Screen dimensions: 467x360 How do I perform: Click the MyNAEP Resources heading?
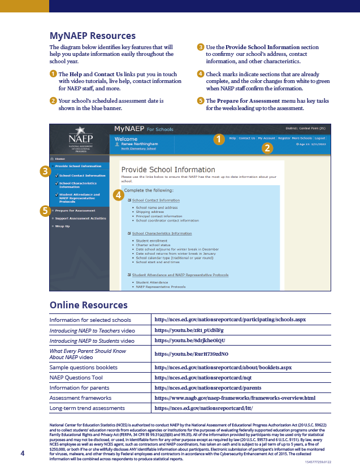click(93, 36)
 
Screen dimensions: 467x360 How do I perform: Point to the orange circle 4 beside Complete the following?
click(118, 195)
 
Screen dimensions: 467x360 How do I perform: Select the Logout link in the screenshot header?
click(320, 138)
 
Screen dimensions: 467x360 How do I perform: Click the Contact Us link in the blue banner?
click(246, 138)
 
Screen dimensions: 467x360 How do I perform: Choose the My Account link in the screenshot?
click(266, 138)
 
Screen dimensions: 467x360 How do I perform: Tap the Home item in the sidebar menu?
click(60, 159)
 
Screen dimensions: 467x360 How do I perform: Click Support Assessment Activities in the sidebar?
click(80, 218)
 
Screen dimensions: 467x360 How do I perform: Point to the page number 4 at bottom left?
click(23, 453)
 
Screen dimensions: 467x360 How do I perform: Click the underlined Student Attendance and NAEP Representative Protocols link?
click(180, 275)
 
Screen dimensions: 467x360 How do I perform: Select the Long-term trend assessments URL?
click(203, 407)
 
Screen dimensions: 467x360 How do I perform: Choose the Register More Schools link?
click(294, 138)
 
